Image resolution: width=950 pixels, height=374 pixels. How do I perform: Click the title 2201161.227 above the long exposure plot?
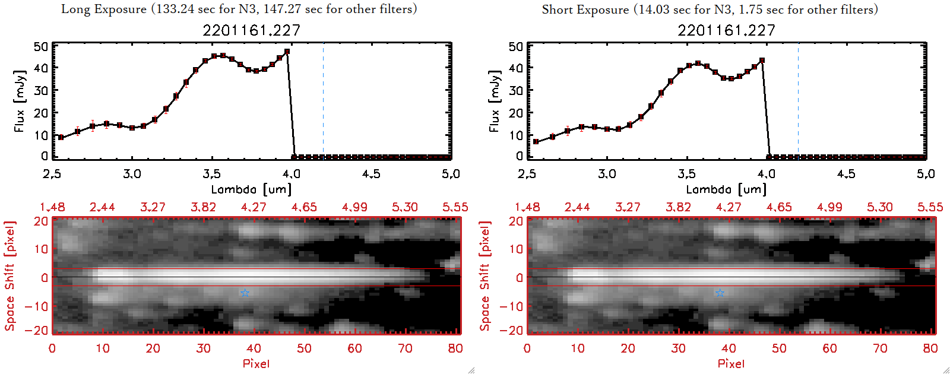click(251, 30)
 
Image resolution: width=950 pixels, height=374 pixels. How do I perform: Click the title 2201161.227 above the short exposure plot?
click(726, 30)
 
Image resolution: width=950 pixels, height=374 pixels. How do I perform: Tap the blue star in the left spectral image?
click(245, 293)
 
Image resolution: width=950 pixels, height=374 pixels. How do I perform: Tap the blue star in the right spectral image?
click(720, 293)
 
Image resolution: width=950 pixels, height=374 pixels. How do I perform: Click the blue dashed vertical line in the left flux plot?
click(323, 101)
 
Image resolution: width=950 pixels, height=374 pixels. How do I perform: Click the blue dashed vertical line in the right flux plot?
click(798, 101)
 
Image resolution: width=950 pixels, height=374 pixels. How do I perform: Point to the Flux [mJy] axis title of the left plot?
click(20, 101)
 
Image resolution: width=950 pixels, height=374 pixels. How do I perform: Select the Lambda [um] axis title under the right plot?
click(726, 189)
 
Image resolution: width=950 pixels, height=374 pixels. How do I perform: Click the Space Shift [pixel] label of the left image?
click(9, 276)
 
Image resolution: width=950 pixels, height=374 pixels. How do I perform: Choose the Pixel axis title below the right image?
click(731, 363)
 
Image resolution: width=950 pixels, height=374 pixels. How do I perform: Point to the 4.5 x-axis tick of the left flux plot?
click(371, 174)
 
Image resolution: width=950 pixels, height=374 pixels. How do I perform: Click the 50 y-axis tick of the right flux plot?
click(516, 47)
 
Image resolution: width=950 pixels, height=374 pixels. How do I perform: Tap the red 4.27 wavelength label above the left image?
click(254, 207)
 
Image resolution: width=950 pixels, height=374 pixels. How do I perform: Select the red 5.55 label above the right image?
click(930, 207)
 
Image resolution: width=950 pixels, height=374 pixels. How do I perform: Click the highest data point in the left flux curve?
click(287, 52)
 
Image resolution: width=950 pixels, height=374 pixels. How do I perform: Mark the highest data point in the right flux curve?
click(762, 60)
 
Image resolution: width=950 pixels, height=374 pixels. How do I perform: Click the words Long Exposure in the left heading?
click(104, 9)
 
